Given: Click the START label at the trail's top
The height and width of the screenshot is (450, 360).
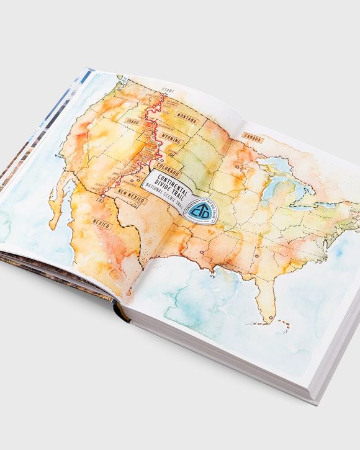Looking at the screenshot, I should (x=167, y=91).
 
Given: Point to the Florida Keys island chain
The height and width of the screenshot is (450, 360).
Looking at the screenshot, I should (x=282, y=324).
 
